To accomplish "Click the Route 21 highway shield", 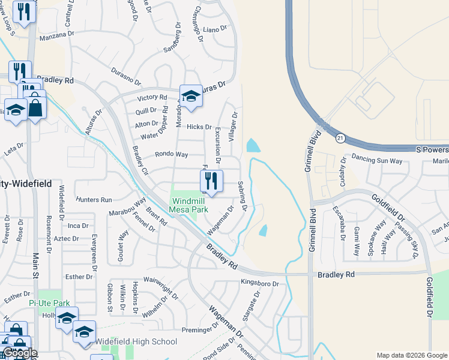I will pos(340,138).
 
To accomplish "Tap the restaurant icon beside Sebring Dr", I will pos(211,180).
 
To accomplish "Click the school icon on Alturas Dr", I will pos(191,97).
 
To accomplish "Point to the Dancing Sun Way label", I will pos(376,161).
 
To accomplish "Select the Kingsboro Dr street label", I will pos(260,283).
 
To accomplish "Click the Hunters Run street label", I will pos(94,200).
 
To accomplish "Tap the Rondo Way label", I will pos(172,154).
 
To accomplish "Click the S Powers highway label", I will pos(432,149).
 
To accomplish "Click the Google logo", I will pos(20,353).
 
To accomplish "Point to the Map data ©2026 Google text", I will pos(412,355).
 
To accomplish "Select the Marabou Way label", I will pos(127,207).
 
